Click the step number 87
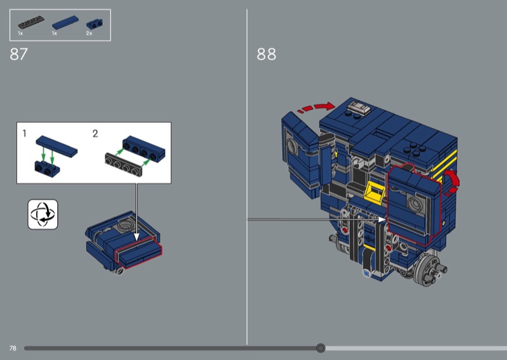[x=19, y=54]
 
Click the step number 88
[x=266, y=54]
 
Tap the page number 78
[x=13, y=348]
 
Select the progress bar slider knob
[x=321, y=348]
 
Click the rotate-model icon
[x=43, y=214]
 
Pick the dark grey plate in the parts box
[x=31, y=22]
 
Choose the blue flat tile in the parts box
[x=65, y=23]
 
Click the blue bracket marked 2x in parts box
[x=95, y=24]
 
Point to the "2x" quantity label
[x=89, y=34]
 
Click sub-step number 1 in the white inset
[x=24, y=133]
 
